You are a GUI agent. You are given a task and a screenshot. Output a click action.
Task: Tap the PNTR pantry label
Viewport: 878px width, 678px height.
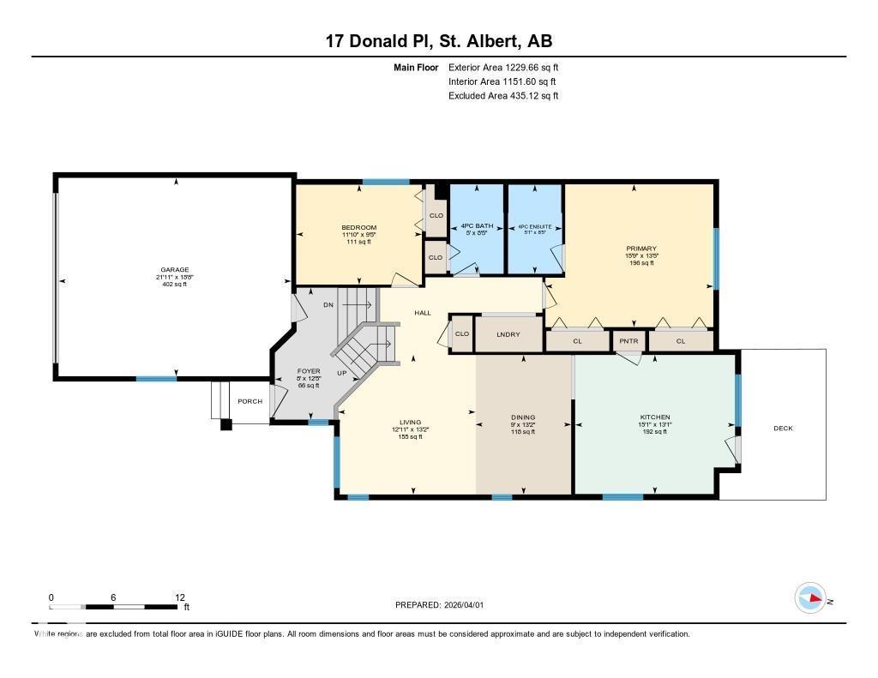coord(628,341)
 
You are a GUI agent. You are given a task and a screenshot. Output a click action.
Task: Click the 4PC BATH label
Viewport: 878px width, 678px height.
coord(476,227)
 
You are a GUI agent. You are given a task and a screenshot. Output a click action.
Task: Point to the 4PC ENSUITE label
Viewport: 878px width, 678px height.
coord(535,227)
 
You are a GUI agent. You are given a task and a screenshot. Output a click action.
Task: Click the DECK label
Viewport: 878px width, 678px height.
coord(783,428)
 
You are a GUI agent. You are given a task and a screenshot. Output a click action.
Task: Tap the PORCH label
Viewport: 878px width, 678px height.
coord(250,401)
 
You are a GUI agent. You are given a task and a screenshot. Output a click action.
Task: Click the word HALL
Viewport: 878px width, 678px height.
coord(423,313)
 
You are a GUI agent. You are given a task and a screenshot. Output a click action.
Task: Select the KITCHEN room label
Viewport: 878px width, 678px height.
coord(654,417)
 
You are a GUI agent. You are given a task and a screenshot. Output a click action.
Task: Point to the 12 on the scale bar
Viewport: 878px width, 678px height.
coord(179,597)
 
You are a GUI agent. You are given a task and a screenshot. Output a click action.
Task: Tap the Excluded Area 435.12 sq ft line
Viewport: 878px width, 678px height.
coord(503,96)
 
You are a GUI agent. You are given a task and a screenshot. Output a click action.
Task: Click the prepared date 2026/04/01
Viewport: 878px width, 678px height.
coord(465,605)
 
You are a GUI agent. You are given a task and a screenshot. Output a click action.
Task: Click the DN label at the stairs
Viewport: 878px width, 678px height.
coord(328,304)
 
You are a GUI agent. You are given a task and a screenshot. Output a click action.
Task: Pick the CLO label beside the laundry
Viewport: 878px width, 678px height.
coord(461,334)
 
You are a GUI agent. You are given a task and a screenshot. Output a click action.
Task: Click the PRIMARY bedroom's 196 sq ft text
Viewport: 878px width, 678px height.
coord(640,263)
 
